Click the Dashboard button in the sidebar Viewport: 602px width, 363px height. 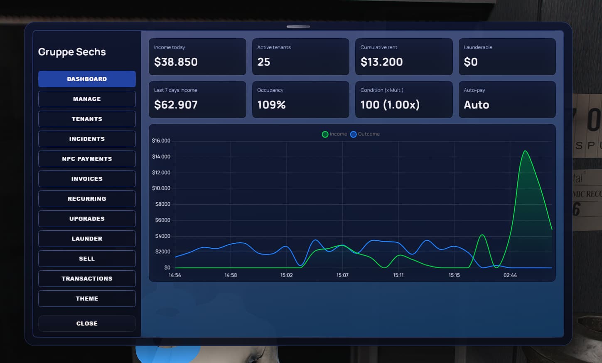tap(87, 79)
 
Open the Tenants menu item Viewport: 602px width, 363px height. tap(87, 119)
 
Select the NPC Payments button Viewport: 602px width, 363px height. tap(87, 159)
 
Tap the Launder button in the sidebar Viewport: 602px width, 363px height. tap(87, 239)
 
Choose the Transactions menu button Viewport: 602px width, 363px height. tap(87, 279)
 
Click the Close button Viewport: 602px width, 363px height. tap(87, 323)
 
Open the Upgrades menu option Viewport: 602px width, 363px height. tap(87, 219)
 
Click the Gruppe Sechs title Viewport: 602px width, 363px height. tap(72, 52)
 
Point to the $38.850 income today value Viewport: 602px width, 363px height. tap(176, 62)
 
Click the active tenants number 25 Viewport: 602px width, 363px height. tap(264, 62)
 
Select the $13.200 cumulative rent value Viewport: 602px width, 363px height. tap(381, 62)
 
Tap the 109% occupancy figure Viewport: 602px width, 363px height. tap(271, 105)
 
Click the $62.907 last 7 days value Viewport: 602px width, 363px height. tap(176, 105)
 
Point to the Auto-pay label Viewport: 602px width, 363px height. tap(474, 90)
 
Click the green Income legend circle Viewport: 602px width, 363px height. tap(325, 134)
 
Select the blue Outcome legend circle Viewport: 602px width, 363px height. tap(353, 134)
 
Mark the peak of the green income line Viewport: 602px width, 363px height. tap(526, 151)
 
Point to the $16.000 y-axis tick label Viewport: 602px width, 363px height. tap(161, 141)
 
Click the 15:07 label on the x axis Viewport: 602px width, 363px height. tap(342, 275)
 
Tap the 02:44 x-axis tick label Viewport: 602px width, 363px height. tap(510, 275)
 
